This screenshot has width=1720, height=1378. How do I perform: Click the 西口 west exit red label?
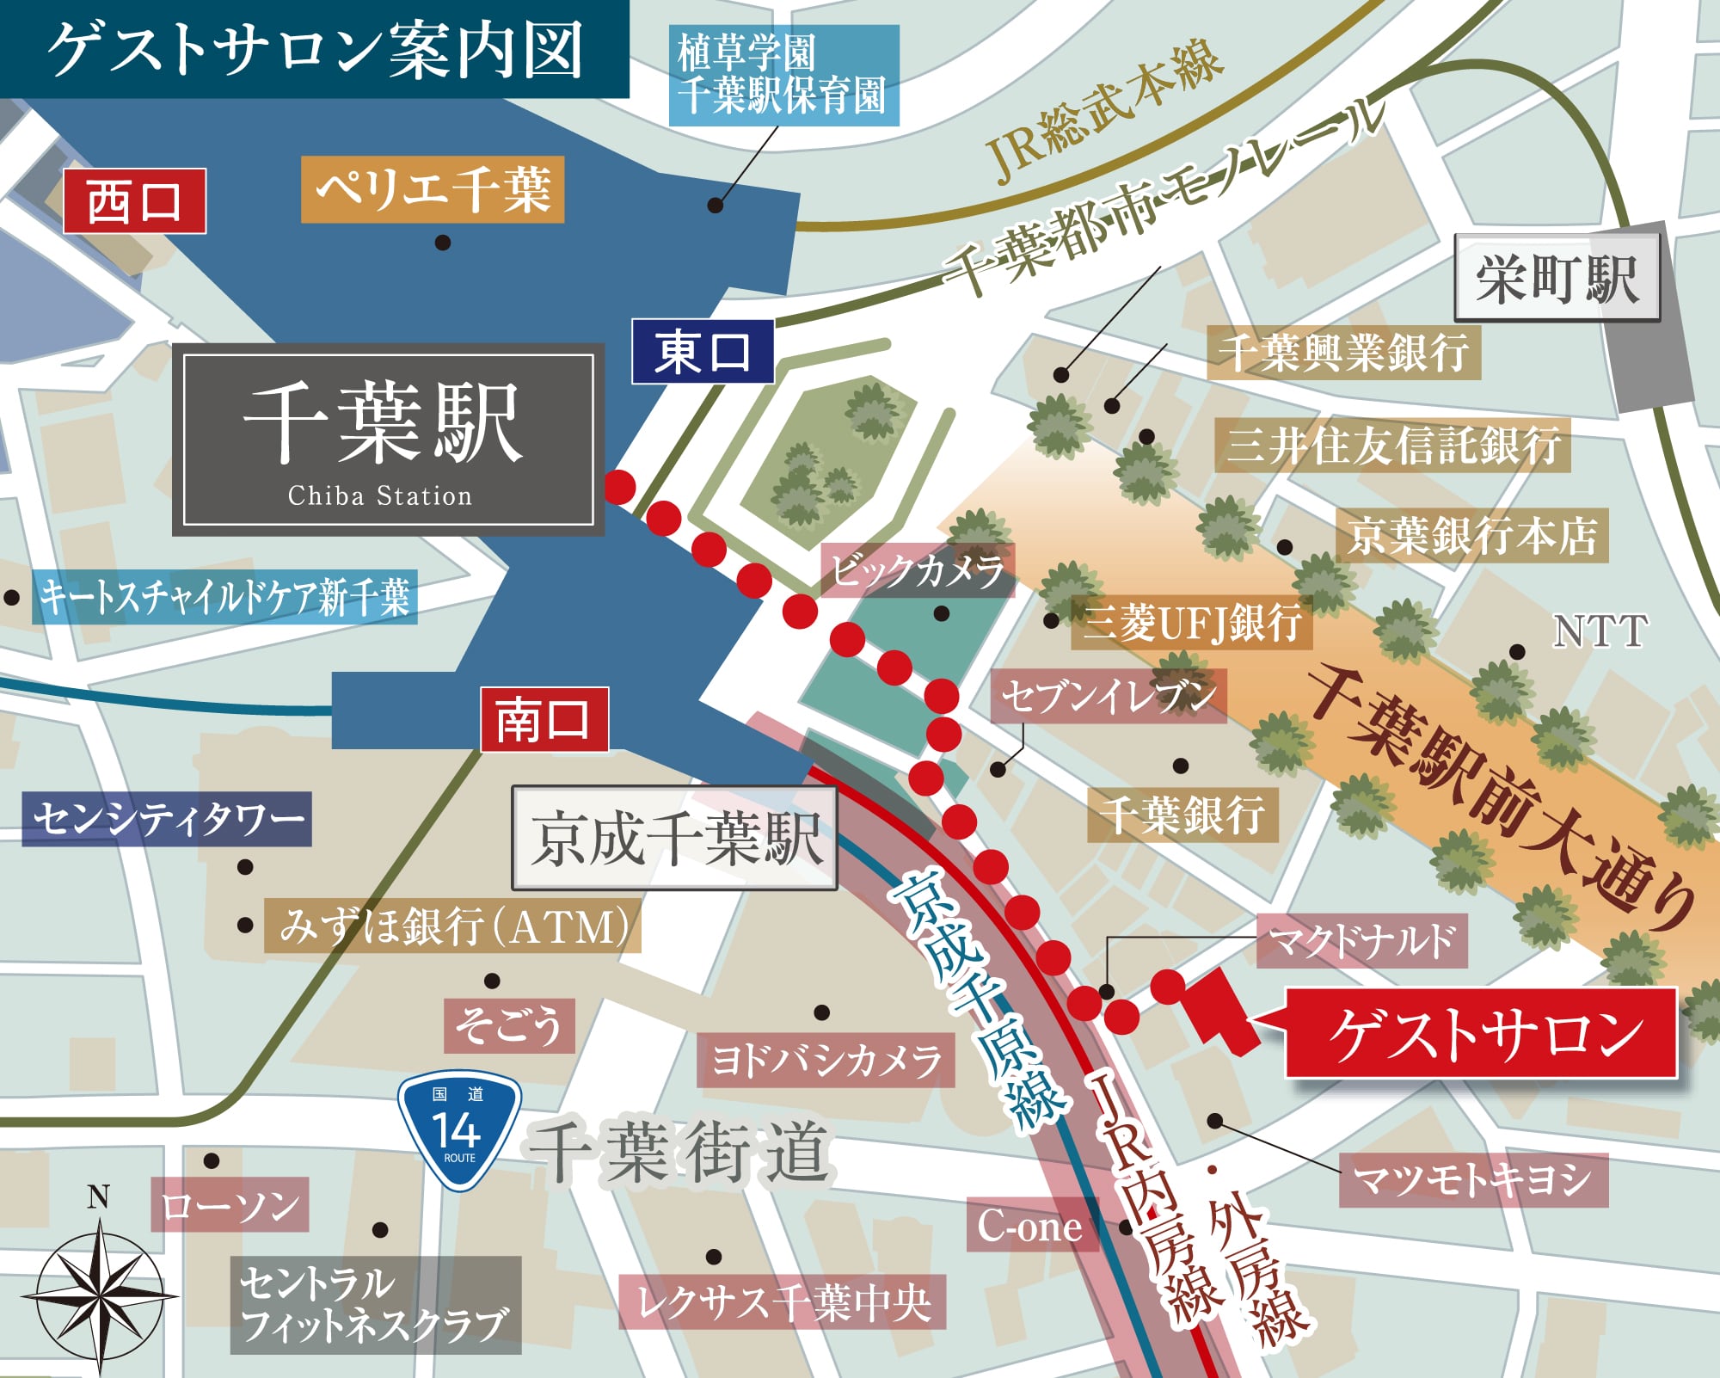134,201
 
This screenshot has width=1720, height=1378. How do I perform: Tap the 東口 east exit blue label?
703,352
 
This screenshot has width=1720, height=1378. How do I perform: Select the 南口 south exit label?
544,720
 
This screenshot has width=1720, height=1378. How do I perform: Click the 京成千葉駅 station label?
674,838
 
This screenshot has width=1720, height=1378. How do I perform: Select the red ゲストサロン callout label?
1481,1033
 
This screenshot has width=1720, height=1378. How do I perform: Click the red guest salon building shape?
1219,1011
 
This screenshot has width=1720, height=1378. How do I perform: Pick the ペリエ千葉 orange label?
433,189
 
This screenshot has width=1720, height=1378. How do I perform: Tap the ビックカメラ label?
918,570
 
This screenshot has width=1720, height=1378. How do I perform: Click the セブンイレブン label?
1109,696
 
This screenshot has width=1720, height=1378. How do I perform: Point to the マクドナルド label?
1361,941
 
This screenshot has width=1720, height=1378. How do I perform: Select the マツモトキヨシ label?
1473,1179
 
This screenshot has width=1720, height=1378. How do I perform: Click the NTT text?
1600,631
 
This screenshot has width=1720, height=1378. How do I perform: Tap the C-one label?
1031,1225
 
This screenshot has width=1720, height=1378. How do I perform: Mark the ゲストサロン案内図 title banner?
315,49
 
